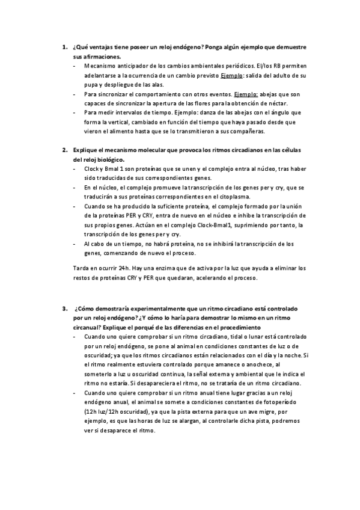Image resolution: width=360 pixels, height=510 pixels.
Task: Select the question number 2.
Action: [x=64, y=150]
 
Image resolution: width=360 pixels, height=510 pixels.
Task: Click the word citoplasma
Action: [x=222, y=197]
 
